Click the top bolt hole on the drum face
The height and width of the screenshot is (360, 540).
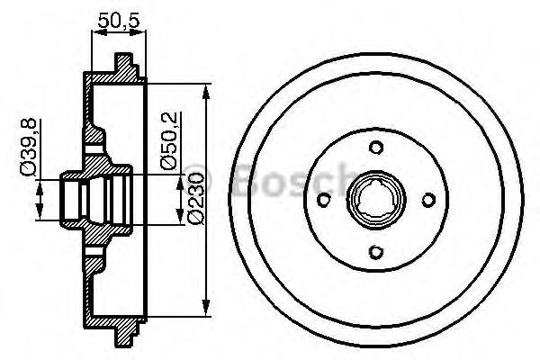[373, 147]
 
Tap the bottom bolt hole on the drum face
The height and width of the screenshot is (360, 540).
[373, 253]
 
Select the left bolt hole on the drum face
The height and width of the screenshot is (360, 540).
[320, 200]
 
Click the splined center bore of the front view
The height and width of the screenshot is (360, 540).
[373, 200]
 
